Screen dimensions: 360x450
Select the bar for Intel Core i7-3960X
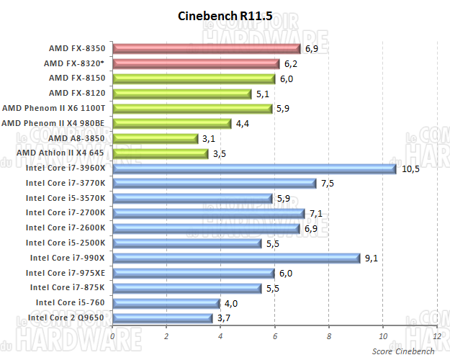coord(254,168)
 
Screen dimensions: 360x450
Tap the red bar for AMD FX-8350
coord(206,48)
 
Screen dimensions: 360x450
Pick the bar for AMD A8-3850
coord(155,138)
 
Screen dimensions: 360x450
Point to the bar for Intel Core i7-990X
coord(235,258)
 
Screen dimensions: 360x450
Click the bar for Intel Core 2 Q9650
coord(162,318)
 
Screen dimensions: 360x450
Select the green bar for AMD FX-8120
coord(181,93)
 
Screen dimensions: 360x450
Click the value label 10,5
coord(410,168)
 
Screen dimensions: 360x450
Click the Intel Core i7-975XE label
coord(66,272)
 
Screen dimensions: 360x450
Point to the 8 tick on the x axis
coord(328,336)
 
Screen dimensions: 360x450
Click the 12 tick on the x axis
coord(436,336)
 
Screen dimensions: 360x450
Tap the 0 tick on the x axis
coord(112,336)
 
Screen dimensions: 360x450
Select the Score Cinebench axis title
coord(403,351)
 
